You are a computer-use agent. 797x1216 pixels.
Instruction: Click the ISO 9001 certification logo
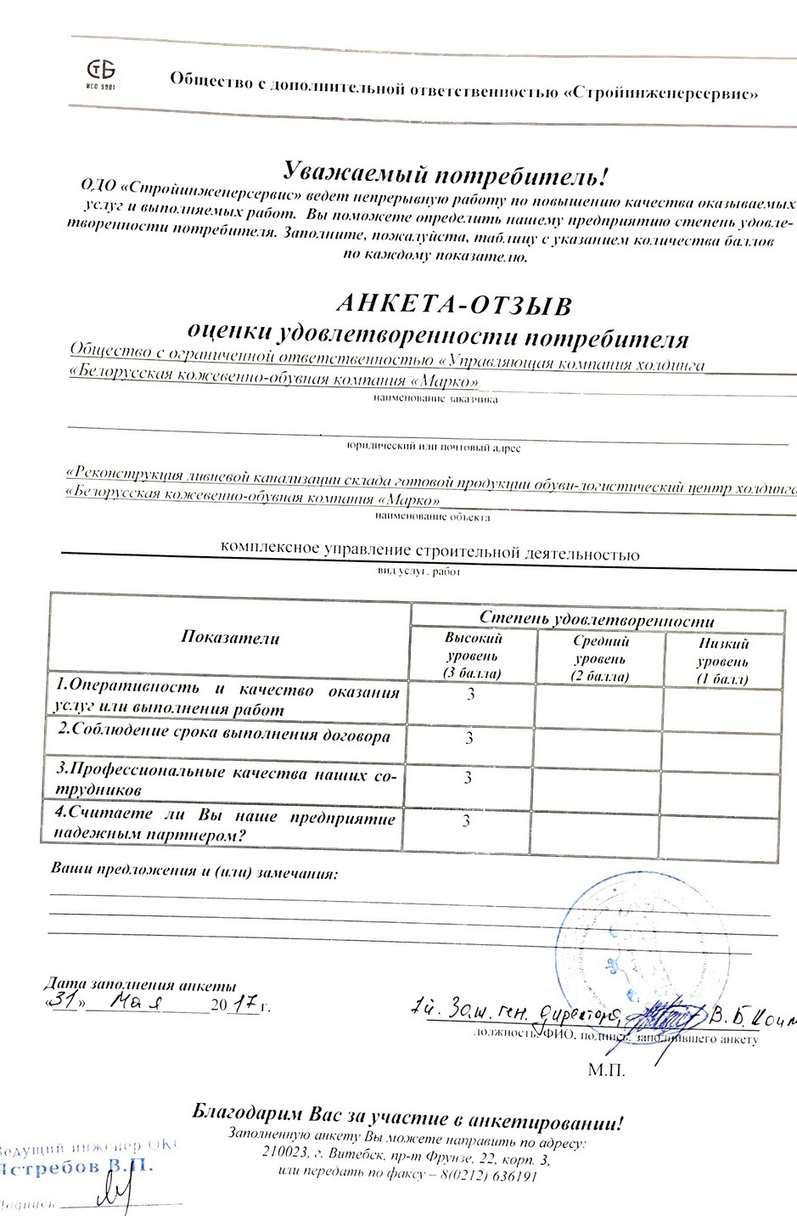click(x=102, y=74)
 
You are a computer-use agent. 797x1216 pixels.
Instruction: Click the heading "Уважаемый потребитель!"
click(x=445, y=174)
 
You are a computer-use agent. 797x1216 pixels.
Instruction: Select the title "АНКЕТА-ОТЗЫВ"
click(x=454, y=304)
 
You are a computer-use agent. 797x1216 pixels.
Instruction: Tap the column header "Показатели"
click(x=230, y=638)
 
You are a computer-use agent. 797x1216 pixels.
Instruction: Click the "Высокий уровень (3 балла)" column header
click(x=473, y=655)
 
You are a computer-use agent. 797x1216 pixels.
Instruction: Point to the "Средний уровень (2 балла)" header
click(x=600, y=658)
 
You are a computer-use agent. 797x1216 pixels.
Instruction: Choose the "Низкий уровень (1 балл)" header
click(x=722, y=661)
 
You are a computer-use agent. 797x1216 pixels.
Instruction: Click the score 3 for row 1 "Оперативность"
click(x=470, y=695)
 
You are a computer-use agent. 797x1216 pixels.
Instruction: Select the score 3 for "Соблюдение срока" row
click(x=469, y=738)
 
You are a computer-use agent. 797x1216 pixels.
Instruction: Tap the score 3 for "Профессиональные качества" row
click(x=468, y=777)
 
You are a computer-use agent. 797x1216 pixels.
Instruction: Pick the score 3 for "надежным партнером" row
click(x=466, y=821)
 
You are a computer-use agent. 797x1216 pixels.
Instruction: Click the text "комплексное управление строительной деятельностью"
click(x=429, y=552)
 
